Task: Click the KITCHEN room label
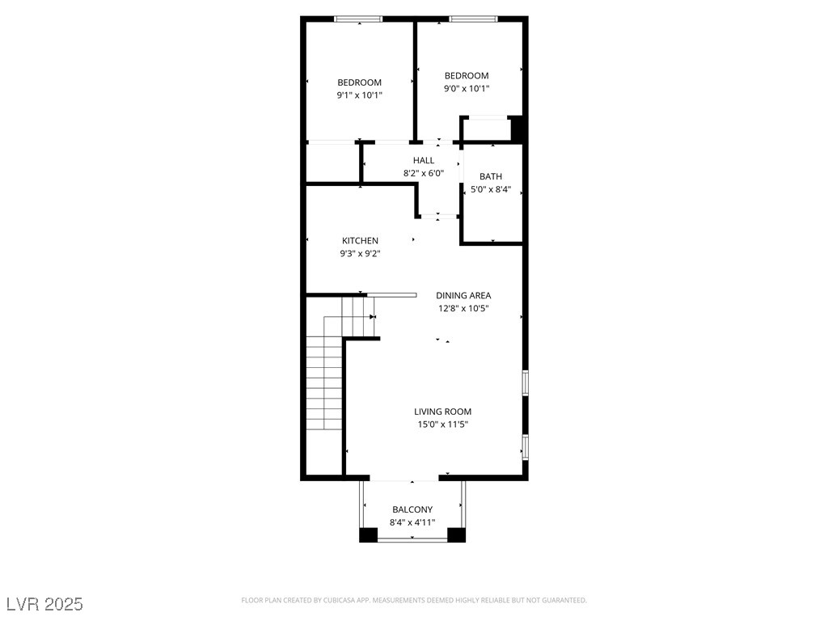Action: [x=360, y=241]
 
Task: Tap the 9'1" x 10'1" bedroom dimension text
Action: [x=360, y=95]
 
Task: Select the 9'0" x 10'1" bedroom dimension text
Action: [x=467, y=89]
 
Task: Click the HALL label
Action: [x=424, y=161]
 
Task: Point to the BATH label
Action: [x=491, y=176]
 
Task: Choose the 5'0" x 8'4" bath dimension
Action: [x=491, y=189]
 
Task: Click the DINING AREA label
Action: [x=463, y=296]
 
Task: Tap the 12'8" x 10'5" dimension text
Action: [x=463, y=309]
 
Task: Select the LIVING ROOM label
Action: [x=442, y=412]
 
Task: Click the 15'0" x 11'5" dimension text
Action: [x=442, y=425]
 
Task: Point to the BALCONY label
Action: [x=412, y=509]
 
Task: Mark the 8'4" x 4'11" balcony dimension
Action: [x=412, y=522]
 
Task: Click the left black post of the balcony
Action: [x=368, y=534]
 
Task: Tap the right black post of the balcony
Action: [x=457, y=534]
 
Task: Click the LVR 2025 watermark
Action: [x=44, y=604]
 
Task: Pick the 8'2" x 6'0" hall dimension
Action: [x=424, y=174]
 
